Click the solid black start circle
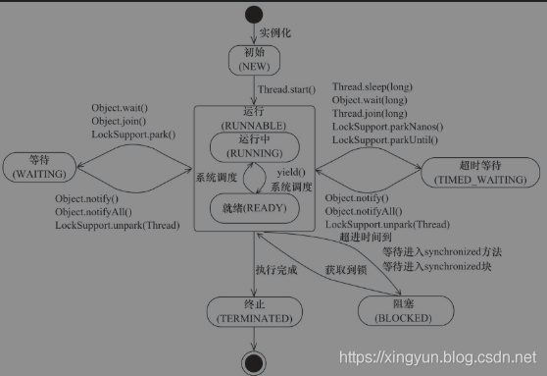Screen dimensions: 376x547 point(255,15)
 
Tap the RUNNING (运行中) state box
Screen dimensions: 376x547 point(255,147)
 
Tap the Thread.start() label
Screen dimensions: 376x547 point(286,90)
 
